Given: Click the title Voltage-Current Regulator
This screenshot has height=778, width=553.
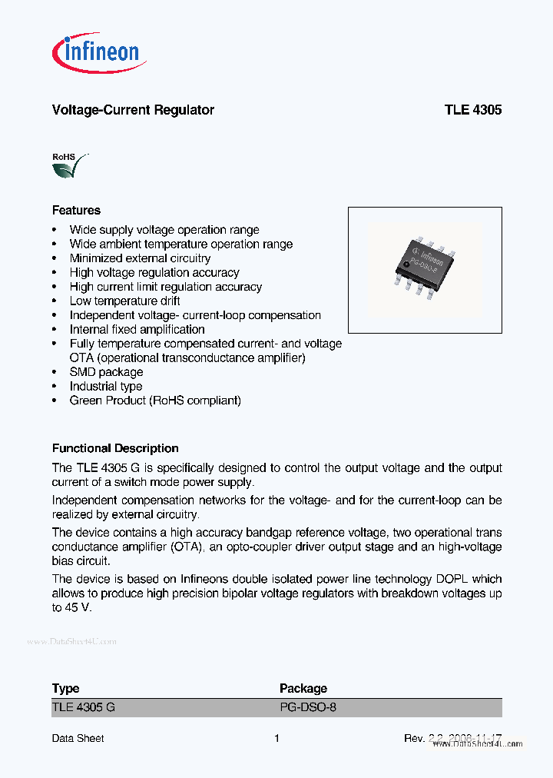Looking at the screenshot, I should [x=133, y=110].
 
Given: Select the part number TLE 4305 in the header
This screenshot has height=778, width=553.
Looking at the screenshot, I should [x=472, y=110].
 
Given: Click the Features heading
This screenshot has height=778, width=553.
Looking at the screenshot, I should [x=76, y=210].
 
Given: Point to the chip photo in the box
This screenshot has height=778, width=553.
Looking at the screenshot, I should [x=424, y=269].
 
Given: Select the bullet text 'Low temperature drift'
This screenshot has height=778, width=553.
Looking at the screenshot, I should [x=124, y=301].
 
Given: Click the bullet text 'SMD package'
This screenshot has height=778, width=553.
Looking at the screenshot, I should [x=106, y=372].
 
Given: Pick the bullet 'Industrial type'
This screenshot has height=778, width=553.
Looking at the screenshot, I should [x=106, y=387].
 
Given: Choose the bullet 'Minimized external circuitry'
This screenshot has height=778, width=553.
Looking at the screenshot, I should [x=140, y=258].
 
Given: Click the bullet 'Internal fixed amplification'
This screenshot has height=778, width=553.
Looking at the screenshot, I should [x=137, y=330].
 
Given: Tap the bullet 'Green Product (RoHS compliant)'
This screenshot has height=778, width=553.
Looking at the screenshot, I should [x=155, y=401].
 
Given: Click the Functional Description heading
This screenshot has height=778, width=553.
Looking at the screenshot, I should [x=115, y=448].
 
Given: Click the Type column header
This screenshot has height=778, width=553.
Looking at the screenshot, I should [x=65, y=688].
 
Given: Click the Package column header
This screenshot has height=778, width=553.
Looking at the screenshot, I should [x=303, y=688].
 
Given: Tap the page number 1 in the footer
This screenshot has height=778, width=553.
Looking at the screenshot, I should [x=276, y=738].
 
